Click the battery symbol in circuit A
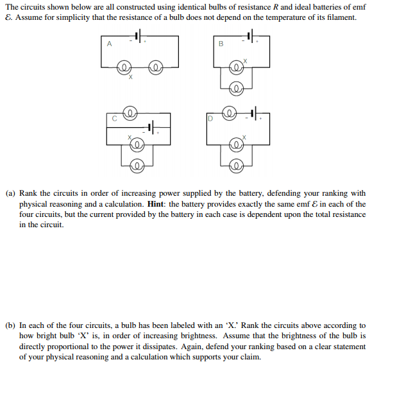pos(137,37)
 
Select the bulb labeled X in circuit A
pos(126,67)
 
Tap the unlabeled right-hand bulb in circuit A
pos(155,67)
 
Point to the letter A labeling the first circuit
pos(109,44)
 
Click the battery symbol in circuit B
pos(251,37)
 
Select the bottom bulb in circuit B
pos(237,87)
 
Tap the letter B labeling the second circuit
pos(221,44)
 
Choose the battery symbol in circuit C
pos(151,128)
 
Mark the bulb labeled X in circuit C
pos(136,144)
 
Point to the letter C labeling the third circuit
pos(115,118)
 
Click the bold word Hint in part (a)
pos(158,203)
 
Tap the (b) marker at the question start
pos(11,325)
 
